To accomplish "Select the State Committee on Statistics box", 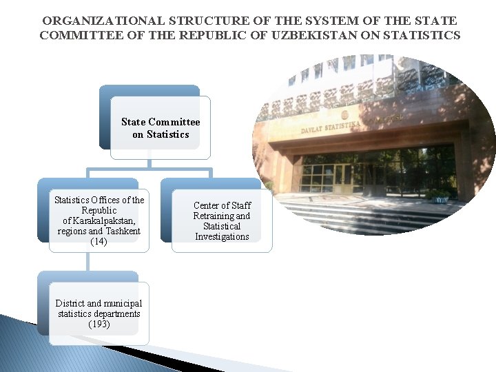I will coord(160,128).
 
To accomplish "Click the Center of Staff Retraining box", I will coord(221,221).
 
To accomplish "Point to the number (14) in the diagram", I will coord(99,242).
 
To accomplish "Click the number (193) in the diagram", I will coord(99,324).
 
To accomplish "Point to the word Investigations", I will coord(222,237).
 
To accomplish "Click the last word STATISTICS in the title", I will coord(422,35).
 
